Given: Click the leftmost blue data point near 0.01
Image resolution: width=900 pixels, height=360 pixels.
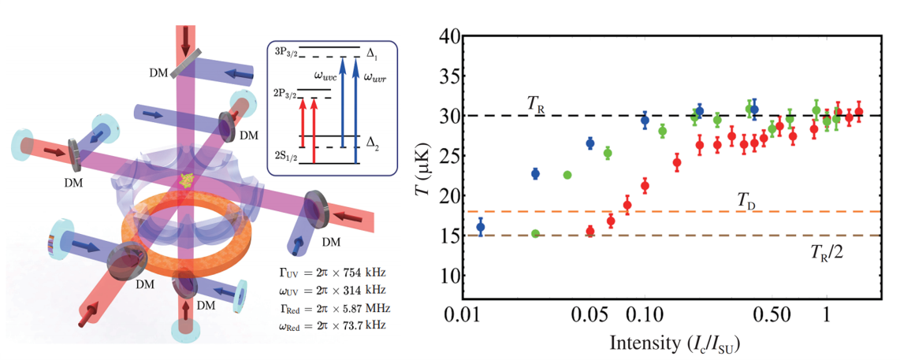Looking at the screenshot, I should coord(481,227).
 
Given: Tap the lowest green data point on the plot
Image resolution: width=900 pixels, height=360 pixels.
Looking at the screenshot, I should coord(535,233).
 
